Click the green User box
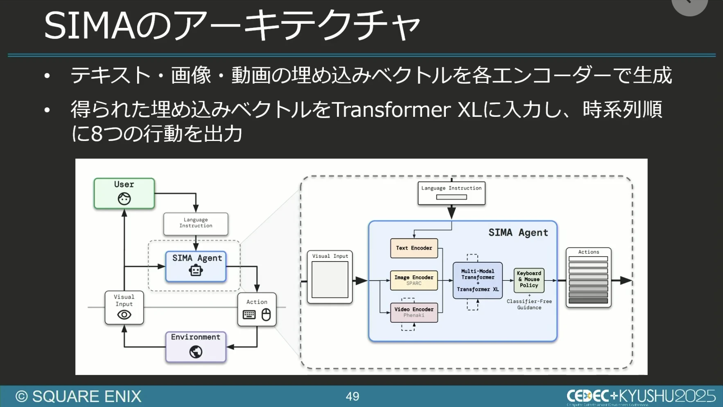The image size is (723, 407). pos(124,193)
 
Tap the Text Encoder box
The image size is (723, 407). pos(414,248)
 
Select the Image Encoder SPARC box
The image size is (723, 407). pos(414,280)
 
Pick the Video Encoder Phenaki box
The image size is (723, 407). pos(414,312)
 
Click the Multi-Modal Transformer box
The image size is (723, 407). pos(477,280)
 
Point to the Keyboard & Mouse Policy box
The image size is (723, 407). pos(529,280)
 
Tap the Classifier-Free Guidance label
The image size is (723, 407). pos(529,305)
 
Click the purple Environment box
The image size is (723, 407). pos(196,347)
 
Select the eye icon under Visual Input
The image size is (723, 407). pos(124,315)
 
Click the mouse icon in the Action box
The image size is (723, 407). pos(266,315)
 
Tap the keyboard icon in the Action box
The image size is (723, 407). pos(249,315)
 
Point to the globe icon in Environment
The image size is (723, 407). pos(196,352)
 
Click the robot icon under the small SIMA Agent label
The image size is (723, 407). pos(196,271)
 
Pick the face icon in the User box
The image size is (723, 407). pos(124,199)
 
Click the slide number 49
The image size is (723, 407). pos(352,396)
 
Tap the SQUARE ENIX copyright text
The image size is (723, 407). pos(79,396)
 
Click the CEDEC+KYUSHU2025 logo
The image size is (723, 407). pos(641,396)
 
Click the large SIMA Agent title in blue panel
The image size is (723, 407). pos(518,233)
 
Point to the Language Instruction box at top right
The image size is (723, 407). pos(451,193)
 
